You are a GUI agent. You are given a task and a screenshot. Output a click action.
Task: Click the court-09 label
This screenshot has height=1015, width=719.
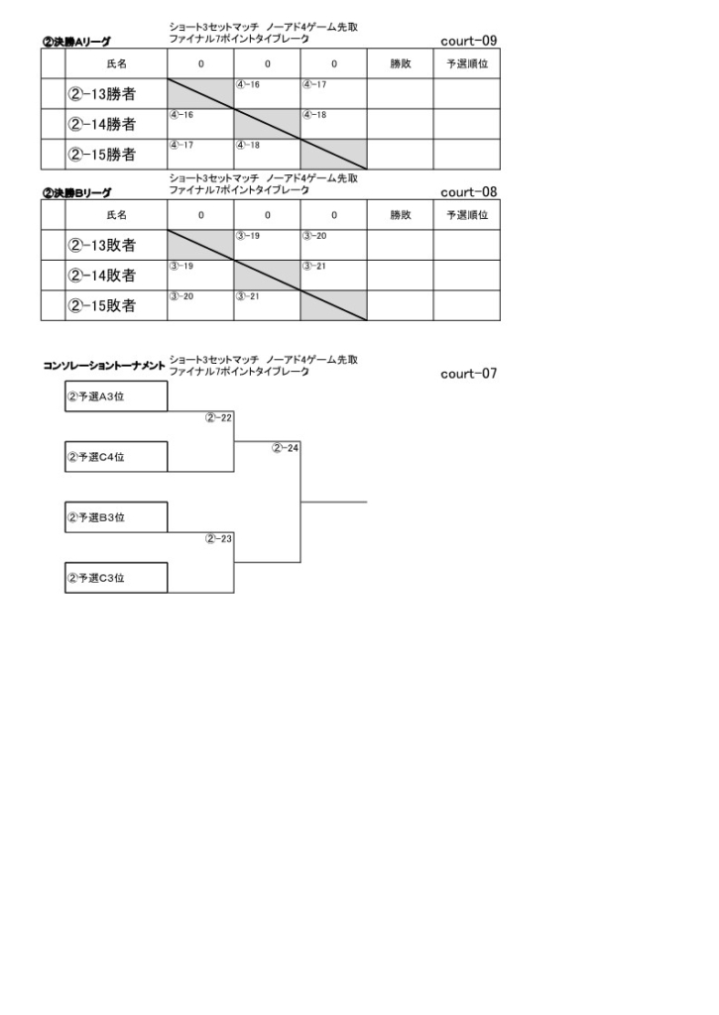(x=468, y=41)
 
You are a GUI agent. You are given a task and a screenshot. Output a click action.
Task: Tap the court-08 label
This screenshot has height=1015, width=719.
(x=468, y=192)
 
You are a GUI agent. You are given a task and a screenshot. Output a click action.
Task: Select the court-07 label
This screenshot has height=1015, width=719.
(x=468, y=374)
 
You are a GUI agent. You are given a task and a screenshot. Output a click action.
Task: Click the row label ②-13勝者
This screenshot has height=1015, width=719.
(x=102, y=94)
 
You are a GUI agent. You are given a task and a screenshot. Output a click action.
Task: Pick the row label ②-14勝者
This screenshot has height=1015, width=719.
(x=102, y=124)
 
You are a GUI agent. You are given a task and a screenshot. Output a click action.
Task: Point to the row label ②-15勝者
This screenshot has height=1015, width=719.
(x=102, y=154)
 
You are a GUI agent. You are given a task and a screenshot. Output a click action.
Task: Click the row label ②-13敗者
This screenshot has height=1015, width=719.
(x=102, y=245)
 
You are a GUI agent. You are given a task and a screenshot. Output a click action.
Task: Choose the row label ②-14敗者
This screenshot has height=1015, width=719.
(x=102, y=276)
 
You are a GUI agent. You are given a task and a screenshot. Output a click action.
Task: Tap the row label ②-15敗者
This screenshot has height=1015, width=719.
(x=102, y=305)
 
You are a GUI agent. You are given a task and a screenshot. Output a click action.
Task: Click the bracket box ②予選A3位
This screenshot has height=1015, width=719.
(x=116, y=396)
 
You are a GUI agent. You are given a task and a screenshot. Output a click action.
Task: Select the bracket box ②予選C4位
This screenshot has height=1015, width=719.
(x=116, y=456)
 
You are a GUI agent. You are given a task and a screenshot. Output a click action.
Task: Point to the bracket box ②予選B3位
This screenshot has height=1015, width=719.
(x=116, y=517)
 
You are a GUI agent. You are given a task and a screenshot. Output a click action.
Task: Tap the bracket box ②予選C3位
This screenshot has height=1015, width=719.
(x=116, y=578)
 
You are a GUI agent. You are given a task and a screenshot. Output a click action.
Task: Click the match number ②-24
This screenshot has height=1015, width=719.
(x=285, y=448)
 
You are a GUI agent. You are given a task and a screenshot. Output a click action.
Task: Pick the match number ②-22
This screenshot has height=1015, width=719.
(x=218, y=418)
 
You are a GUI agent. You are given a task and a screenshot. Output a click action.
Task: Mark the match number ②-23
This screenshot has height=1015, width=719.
(x=218, y=538)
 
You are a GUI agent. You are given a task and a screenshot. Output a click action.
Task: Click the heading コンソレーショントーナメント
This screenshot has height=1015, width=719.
(x=104, y=366)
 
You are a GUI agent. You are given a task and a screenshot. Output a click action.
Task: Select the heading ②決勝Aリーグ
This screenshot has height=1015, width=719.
(x=76, y=42)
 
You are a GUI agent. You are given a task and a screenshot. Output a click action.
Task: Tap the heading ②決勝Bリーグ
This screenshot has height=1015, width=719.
(x=76, y=193)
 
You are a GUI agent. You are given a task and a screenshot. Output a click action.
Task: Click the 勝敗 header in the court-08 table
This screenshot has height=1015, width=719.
(x=401, y=215)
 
